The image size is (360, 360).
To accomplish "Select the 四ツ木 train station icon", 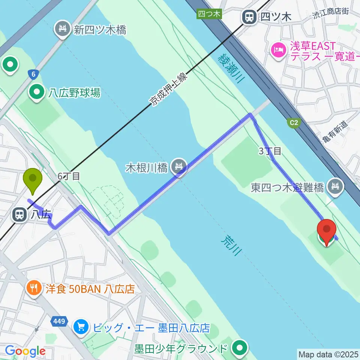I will click(x=248, y=16).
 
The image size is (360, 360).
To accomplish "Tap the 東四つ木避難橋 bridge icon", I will click(x=334, y=186).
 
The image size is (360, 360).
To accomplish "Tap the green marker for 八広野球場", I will click(x=37, y=92).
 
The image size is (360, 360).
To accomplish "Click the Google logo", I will click(x=25, y=351).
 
